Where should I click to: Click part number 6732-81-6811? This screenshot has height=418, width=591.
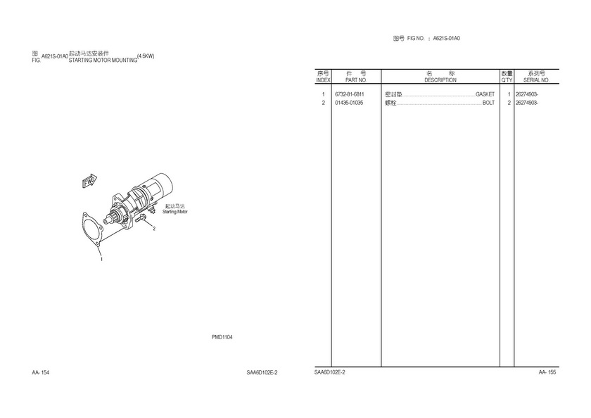point(350,94)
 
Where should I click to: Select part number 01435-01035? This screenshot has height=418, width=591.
point(350,103)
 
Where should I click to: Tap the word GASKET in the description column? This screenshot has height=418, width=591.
point(485,94)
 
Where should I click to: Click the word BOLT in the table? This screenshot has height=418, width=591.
point(488,103)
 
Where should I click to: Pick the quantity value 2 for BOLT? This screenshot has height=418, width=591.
point(509,103)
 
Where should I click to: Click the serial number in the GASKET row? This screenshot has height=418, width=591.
point(527,94)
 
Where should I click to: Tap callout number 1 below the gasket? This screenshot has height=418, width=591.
point(101,259)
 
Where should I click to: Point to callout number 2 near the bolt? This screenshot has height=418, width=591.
point(153,229)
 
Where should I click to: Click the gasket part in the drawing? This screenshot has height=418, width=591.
point(91,229)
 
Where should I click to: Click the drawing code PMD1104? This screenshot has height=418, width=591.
point(222,337)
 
